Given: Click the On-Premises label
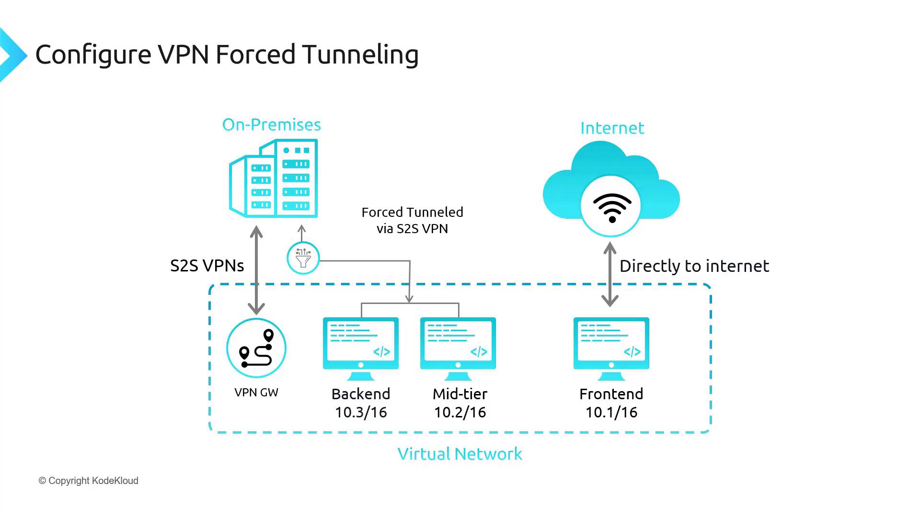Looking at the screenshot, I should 271,125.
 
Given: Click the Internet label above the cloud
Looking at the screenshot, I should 612,128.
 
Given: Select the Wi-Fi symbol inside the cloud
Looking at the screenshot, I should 612,207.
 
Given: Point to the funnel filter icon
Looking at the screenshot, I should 303,258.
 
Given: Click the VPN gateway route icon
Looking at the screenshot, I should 256,348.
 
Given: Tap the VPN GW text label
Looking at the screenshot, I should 256,393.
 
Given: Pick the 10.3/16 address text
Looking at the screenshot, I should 361,413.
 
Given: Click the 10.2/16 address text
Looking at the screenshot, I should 460,413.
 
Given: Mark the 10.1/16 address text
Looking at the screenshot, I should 611,413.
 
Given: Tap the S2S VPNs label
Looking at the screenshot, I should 207,266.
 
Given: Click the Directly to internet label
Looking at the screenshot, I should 694,266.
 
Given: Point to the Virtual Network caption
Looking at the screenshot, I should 460,454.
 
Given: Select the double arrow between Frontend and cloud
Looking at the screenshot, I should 609,274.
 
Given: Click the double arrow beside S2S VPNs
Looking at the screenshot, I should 257,270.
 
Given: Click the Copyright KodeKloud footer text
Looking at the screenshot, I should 89,481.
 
